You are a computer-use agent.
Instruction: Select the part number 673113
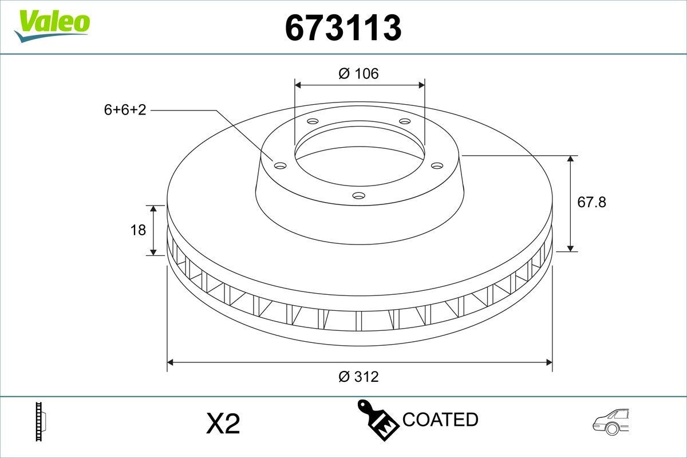pos(343,27)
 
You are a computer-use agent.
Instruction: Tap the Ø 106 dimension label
pos(359,74)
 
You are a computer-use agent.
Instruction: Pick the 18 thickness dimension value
pos(139,230)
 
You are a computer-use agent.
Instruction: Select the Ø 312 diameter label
pos(358,377)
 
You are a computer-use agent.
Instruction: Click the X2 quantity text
pos(222,424)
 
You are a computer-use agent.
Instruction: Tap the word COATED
pos(440,420)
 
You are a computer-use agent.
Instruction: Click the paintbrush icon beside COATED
pos(378,421)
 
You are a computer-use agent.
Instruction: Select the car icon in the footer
pos(611,423)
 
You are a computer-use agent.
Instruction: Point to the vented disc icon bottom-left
pos(41,423)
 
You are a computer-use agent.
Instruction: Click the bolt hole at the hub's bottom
pos(358,196)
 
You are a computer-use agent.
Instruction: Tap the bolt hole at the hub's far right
pos(437,165)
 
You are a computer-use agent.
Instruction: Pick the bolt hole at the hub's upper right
pos(405,121)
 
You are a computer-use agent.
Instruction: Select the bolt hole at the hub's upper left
pos(312,121)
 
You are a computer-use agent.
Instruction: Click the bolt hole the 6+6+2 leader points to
pos(280,165)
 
